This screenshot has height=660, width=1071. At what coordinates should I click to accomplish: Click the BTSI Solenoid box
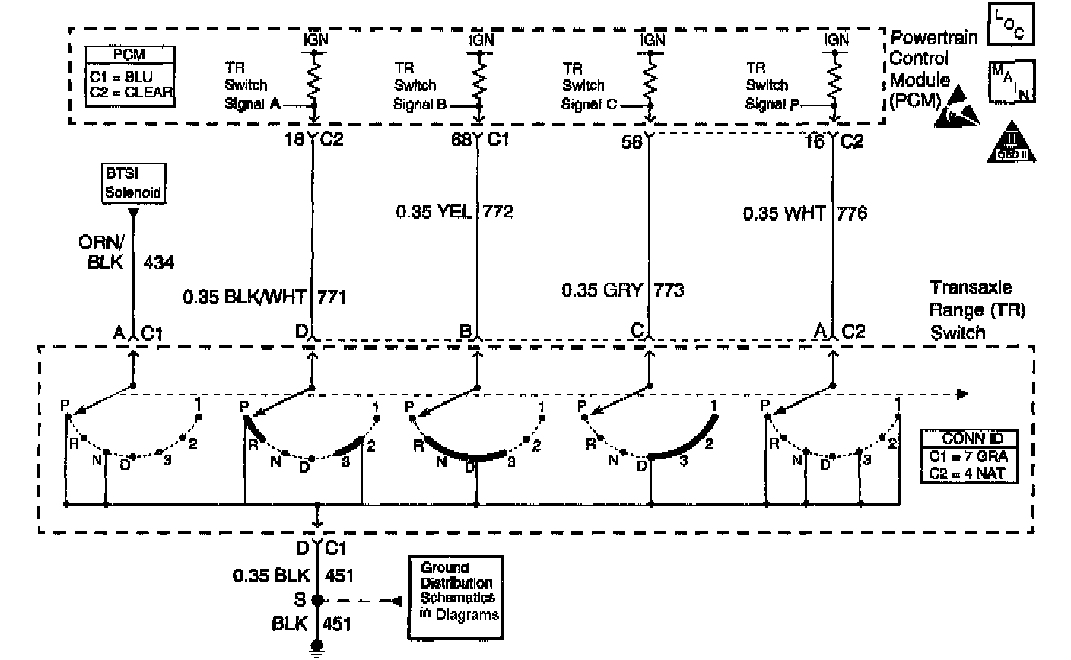coord(134,183)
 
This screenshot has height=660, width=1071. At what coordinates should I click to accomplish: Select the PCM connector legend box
coord(129,76)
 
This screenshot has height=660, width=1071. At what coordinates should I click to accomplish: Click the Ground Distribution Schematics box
coord(456,591)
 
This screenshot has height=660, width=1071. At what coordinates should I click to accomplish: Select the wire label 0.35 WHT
coord(784,214)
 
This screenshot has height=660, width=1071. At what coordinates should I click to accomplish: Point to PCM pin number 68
coord(459,140)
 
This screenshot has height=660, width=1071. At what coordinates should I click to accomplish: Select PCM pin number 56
coord(631,140)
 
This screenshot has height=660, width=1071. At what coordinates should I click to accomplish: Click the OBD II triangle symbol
coord(1011,143)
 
